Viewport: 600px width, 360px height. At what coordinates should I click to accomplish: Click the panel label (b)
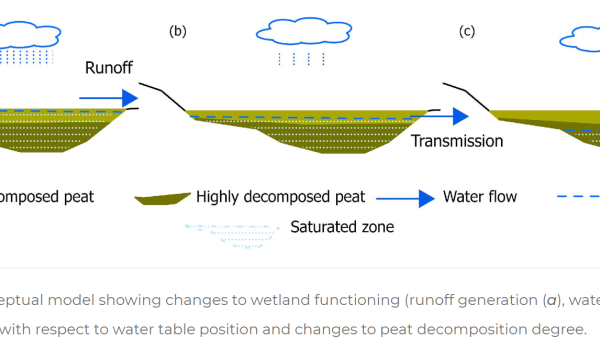click(178, 31)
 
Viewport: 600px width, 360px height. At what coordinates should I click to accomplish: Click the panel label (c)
click(467, 31)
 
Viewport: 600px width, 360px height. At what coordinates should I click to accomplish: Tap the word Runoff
click(110, 69)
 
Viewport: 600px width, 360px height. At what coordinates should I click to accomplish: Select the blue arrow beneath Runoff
click(108, 98)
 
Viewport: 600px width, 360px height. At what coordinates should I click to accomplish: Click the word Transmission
click(457, 141)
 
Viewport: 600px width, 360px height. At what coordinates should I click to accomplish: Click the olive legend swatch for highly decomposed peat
click(162, 198)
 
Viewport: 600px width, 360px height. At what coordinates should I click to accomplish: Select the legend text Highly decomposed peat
click(281, 197)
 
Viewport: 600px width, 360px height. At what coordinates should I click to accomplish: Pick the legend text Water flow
click(480, 197)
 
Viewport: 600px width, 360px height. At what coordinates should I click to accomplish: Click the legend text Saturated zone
click(342, 227)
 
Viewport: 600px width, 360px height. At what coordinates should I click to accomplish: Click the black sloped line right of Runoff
click(159, 95)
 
